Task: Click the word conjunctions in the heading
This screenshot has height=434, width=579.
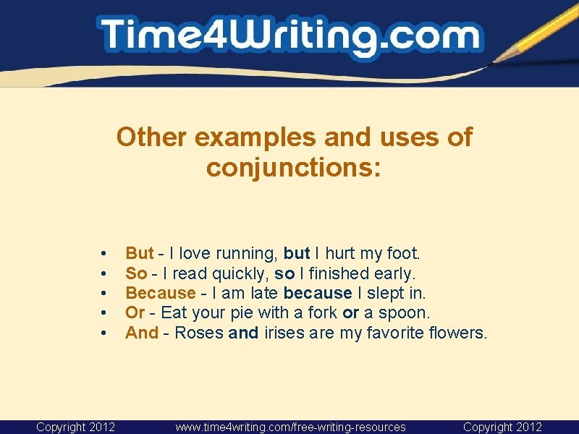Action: click(293, 168)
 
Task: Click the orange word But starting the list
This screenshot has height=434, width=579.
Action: click(139, 253)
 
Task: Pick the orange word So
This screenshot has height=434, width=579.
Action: click(136, 273)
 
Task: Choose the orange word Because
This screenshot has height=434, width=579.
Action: click(160, 293)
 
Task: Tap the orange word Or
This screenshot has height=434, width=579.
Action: click(135, 313)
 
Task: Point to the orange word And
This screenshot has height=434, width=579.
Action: click(141, 333)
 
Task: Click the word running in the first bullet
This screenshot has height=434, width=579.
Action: click(245, 254)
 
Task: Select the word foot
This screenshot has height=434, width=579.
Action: click(404, 253)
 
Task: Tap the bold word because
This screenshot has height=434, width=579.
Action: click(318, 293)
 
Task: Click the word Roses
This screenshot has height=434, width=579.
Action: click(199, 333)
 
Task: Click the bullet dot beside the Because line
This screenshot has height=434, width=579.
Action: click(105, 293)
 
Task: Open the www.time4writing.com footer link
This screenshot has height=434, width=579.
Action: click(290, 427)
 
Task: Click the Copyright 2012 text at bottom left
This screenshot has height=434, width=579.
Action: click(75, 427)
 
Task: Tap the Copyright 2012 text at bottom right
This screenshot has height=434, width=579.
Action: click(502, 427)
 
